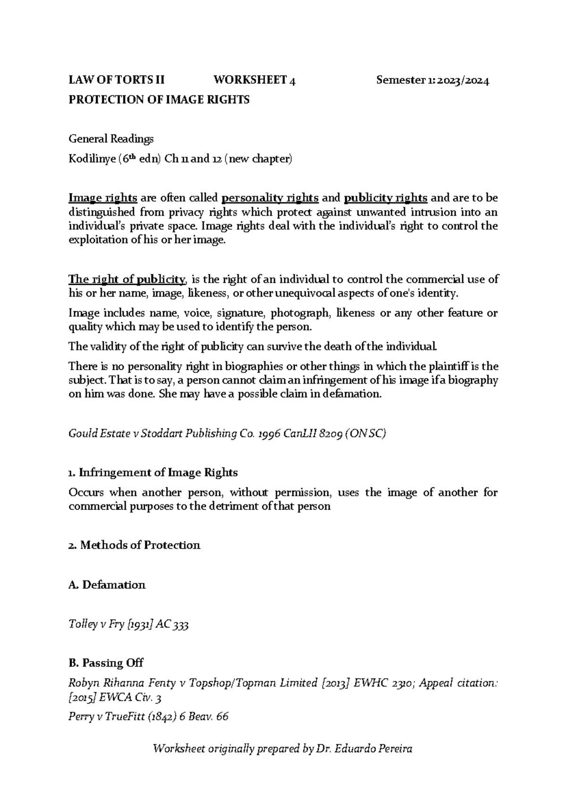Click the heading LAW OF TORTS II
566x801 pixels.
(x=117, y=80)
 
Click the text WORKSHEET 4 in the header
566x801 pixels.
(x=255, y=80)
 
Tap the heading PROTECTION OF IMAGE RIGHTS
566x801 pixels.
(x=159, y=100)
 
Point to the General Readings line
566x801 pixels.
(x=111, y=139)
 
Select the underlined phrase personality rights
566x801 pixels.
(x=270, y=197)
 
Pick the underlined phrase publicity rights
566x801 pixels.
(x=386, y=197)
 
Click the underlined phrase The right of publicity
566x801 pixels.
(x=127, y=279)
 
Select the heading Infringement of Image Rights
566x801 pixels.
(x=158, y=472)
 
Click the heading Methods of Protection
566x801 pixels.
(x=140, y=545)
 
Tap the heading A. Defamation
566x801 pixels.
(x=107, y=585)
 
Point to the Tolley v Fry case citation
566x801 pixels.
(x=129, y=625)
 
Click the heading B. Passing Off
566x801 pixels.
(x=106, y=663)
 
